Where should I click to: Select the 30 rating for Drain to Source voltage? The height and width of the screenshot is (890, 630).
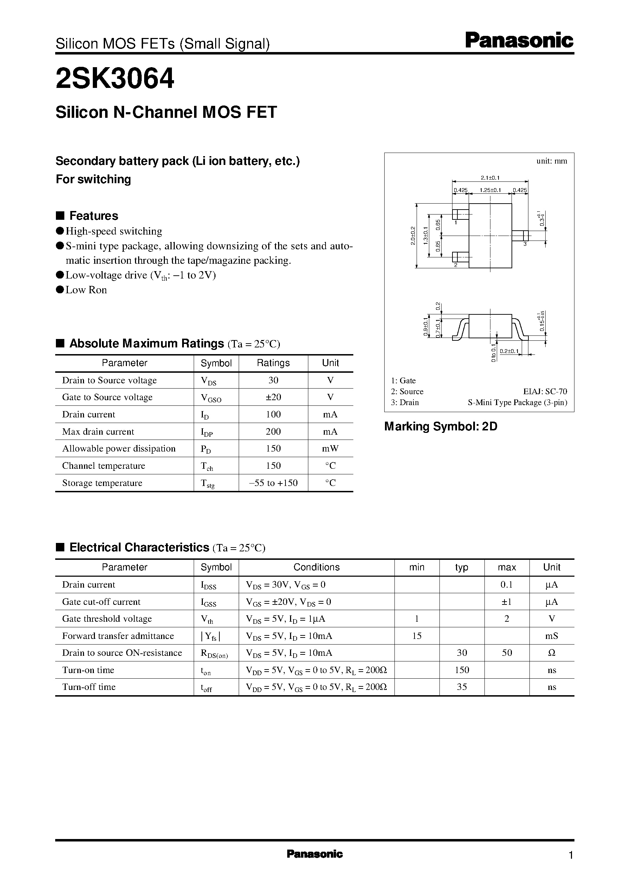pos(273,380)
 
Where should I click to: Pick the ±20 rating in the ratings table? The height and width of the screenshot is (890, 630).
pos(273,397)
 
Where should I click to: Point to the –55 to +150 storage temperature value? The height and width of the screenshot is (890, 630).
pos(273,483)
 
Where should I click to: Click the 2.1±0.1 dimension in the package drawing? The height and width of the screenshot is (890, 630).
pos(490,178)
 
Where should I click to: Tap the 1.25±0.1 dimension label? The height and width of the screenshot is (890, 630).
pos(490,190)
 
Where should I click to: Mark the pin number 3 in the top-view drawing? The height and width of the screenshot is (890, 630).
pos(525,244)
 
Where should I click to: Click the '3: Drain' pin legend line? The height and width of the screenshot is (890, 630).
pos(405,402)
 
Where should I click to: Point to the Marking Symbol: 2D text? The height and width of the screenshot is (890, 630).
pos(441,427)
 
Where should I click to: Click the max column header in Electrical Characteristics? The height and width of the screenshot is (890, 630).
pos(507,567)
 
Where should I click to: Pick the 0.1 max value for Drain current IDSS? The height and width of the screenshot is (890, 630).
pos(507,585)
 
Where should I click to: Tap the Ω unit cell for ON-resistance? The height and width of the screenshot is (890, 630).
pos(552,653)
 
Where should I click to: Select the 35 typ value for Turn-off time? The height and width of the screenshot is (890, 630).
pos(462,687)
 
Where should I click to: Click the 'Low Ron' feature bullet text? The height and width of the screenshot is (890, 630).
pos(86,290)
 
